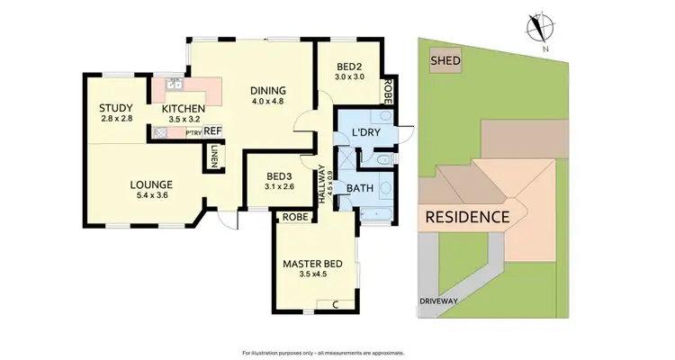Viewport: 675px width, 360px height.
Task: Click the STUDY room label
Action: tap(117, 109)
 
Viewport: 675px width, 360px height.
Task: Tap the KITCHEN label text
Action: tap(184, 109)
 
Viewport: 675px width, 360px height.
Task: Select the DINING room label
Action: tap(268, 90)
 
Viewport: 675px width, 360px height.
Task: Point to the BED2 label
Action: tap(350, 67)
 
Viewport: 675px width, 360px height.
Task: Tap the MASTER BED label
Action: tap(314, 264)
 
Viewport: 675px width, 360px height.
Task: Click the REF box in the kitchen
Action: tap(212, 131)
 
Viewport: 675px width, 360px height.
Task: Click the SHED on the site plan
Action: tap(445, 61)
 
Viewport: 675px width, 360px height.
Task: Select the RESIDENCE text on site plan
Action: tap(467, 217)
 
